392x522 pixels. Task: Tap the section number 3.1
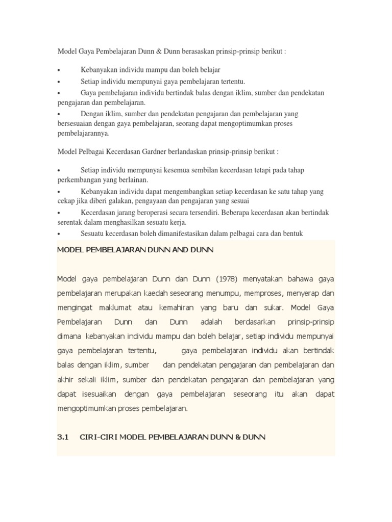click(63, 437)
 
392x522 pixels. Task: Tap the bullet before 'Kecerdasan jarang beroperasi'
click(59, 213)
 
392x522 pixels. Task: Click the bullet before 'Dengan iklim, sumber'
click(59, 114)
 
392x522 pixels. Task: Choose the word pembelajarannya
click(83, 134)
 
